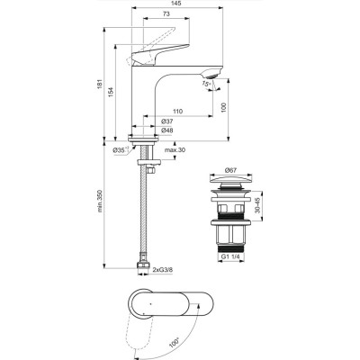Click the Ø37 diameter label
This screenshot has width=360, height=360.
tap(167, 121)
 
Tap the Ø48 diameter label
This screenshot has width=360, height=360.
tap(167, 131)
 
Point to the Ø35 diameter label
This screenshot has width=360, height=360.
tap(119, 150)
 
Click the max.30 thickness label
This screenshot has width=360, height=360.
tap(175, 149)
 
